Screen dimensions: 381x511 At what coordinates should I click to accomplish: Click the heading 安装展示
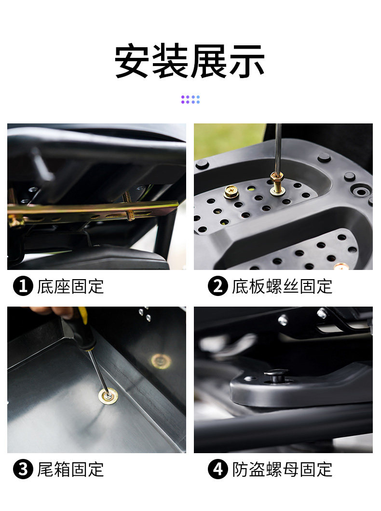point(190,61)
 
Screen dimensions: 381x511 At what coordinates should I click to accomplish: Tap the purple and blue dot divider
point(190,99)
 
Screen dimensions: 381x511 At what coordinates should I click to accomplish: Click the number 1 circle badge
point(23,286)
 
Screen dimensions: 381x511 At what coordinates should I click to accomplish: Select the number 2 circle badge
point(218,286)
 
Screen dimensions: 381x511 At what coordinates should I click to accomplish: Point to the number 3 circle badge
point(23,469)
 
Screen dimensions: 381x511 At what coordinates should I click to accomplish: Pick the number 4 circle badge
point(218,469)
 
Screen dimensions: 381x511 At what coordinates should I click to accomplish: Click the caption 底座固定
point(70,286)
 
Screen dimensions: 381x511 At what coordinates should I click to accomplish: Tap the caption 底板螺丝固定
point(282,286)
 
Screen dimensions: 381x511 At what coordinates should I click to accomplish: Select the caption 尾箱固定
point(70,469)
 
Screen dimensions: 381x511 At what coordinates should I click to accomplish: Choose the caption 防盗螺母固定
point(282,469)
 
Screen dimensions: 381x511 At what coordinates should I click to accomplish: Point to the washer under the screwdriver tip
point(108,396)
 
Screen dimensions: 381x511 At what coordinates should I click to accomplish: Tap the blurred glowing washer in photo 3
point(161,361)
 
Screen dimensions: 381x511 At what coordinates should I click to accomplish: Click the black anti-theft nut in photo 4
point(276,376)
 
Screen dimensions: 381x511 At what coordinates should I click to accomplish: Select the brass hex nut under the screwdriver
point(277,178)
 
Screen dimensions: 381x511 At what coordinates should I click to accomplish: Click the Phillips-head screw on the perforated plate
point(231,192)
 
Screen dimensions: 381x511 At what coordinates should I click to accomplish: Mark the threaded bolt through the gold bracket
point(128,206)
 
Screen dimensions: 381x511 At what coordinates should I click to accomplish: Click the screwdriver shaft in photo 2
point(278,148)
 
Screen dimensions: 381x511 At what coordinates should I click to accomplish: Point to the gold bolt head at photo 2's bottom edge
point(341,266)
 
